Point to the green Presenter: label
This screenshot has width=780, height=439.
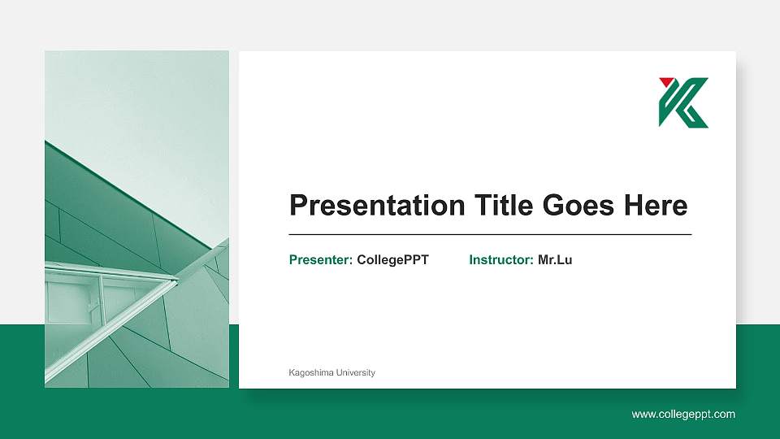pyautogui.click(x=320, y=260)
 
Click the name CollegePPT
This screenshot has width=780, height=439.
pyautogui.click(x=392, y=260)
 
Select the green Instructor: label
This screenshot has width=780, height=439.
pyautogui.click(x=500, y=260)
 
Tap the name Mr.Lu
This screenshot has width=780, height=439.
pyautogui.click(x=555, y=260)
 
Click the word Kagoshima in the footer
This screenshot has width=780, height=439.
pyautogui.click(x=310, y=373)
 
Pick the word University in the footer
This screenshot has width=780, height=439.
pyautogui.click(x=355, y=373)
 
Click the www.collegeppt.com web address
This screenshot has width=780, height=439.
pyautogui.click(x=683, y=415)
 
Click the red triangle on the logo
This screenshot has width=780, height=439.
pyautogui.click(x=666, y=81)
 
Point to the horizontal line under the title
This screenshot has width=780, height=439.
pyautogui.click(x=490, y=234)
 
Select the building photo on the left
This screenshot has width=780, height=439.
pyautogui.click(x=136, y=219)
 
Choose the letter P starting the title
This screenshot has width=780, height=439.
pyautogui.click(x=299, y=206)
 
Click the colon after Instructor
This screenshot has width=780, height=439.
pyautogui.click(x=531, y=261)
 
